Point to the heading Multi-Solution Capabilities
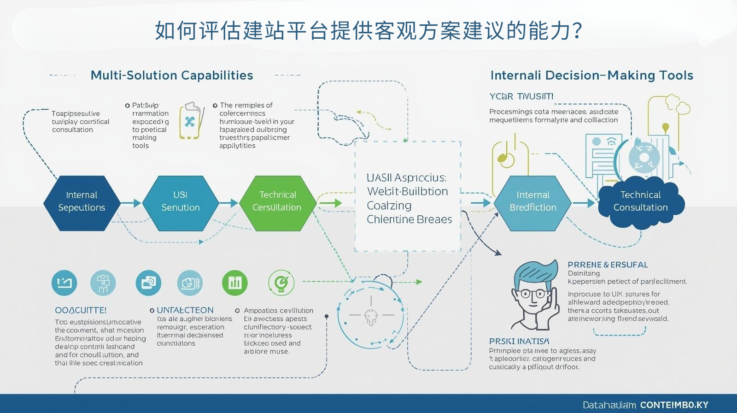172,75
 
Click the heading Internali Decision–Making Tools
592,75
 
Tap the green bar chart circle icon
235,283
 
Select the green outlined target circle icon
281,283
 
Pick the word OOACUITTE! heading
81,310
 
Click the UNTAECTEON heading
185,310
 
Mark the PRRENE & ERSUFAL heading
608,265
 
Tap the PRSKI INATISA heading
519,341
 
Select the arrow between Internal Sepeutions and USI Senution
131,203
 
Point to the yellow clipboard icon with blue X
190,121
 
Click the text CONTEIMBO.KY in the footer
674,405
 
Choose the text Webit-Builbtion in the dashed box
407,191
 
